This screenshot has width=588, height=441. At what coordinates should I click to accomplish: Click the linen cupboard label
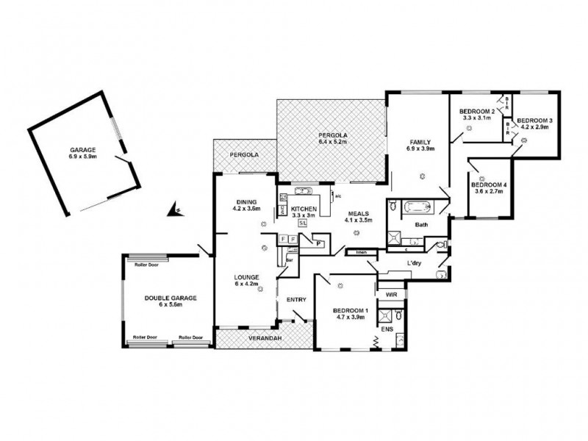tap(361, 253)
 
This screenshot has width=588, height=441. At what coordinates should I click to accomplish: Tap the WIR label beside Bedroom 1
tap(391, 293)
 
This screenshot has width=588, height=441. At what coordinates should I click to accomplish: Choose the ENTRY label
tap(295, 299)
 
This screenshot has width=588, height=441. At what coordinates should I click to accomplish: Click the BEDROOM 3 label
tap(534, 120)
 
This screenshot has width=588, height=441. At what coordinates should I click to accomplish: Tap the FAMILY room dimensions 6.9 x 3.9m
tap(421, 149)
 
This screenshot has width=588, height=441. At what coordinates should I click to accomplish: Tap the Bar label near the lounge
tap(290, 259)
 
